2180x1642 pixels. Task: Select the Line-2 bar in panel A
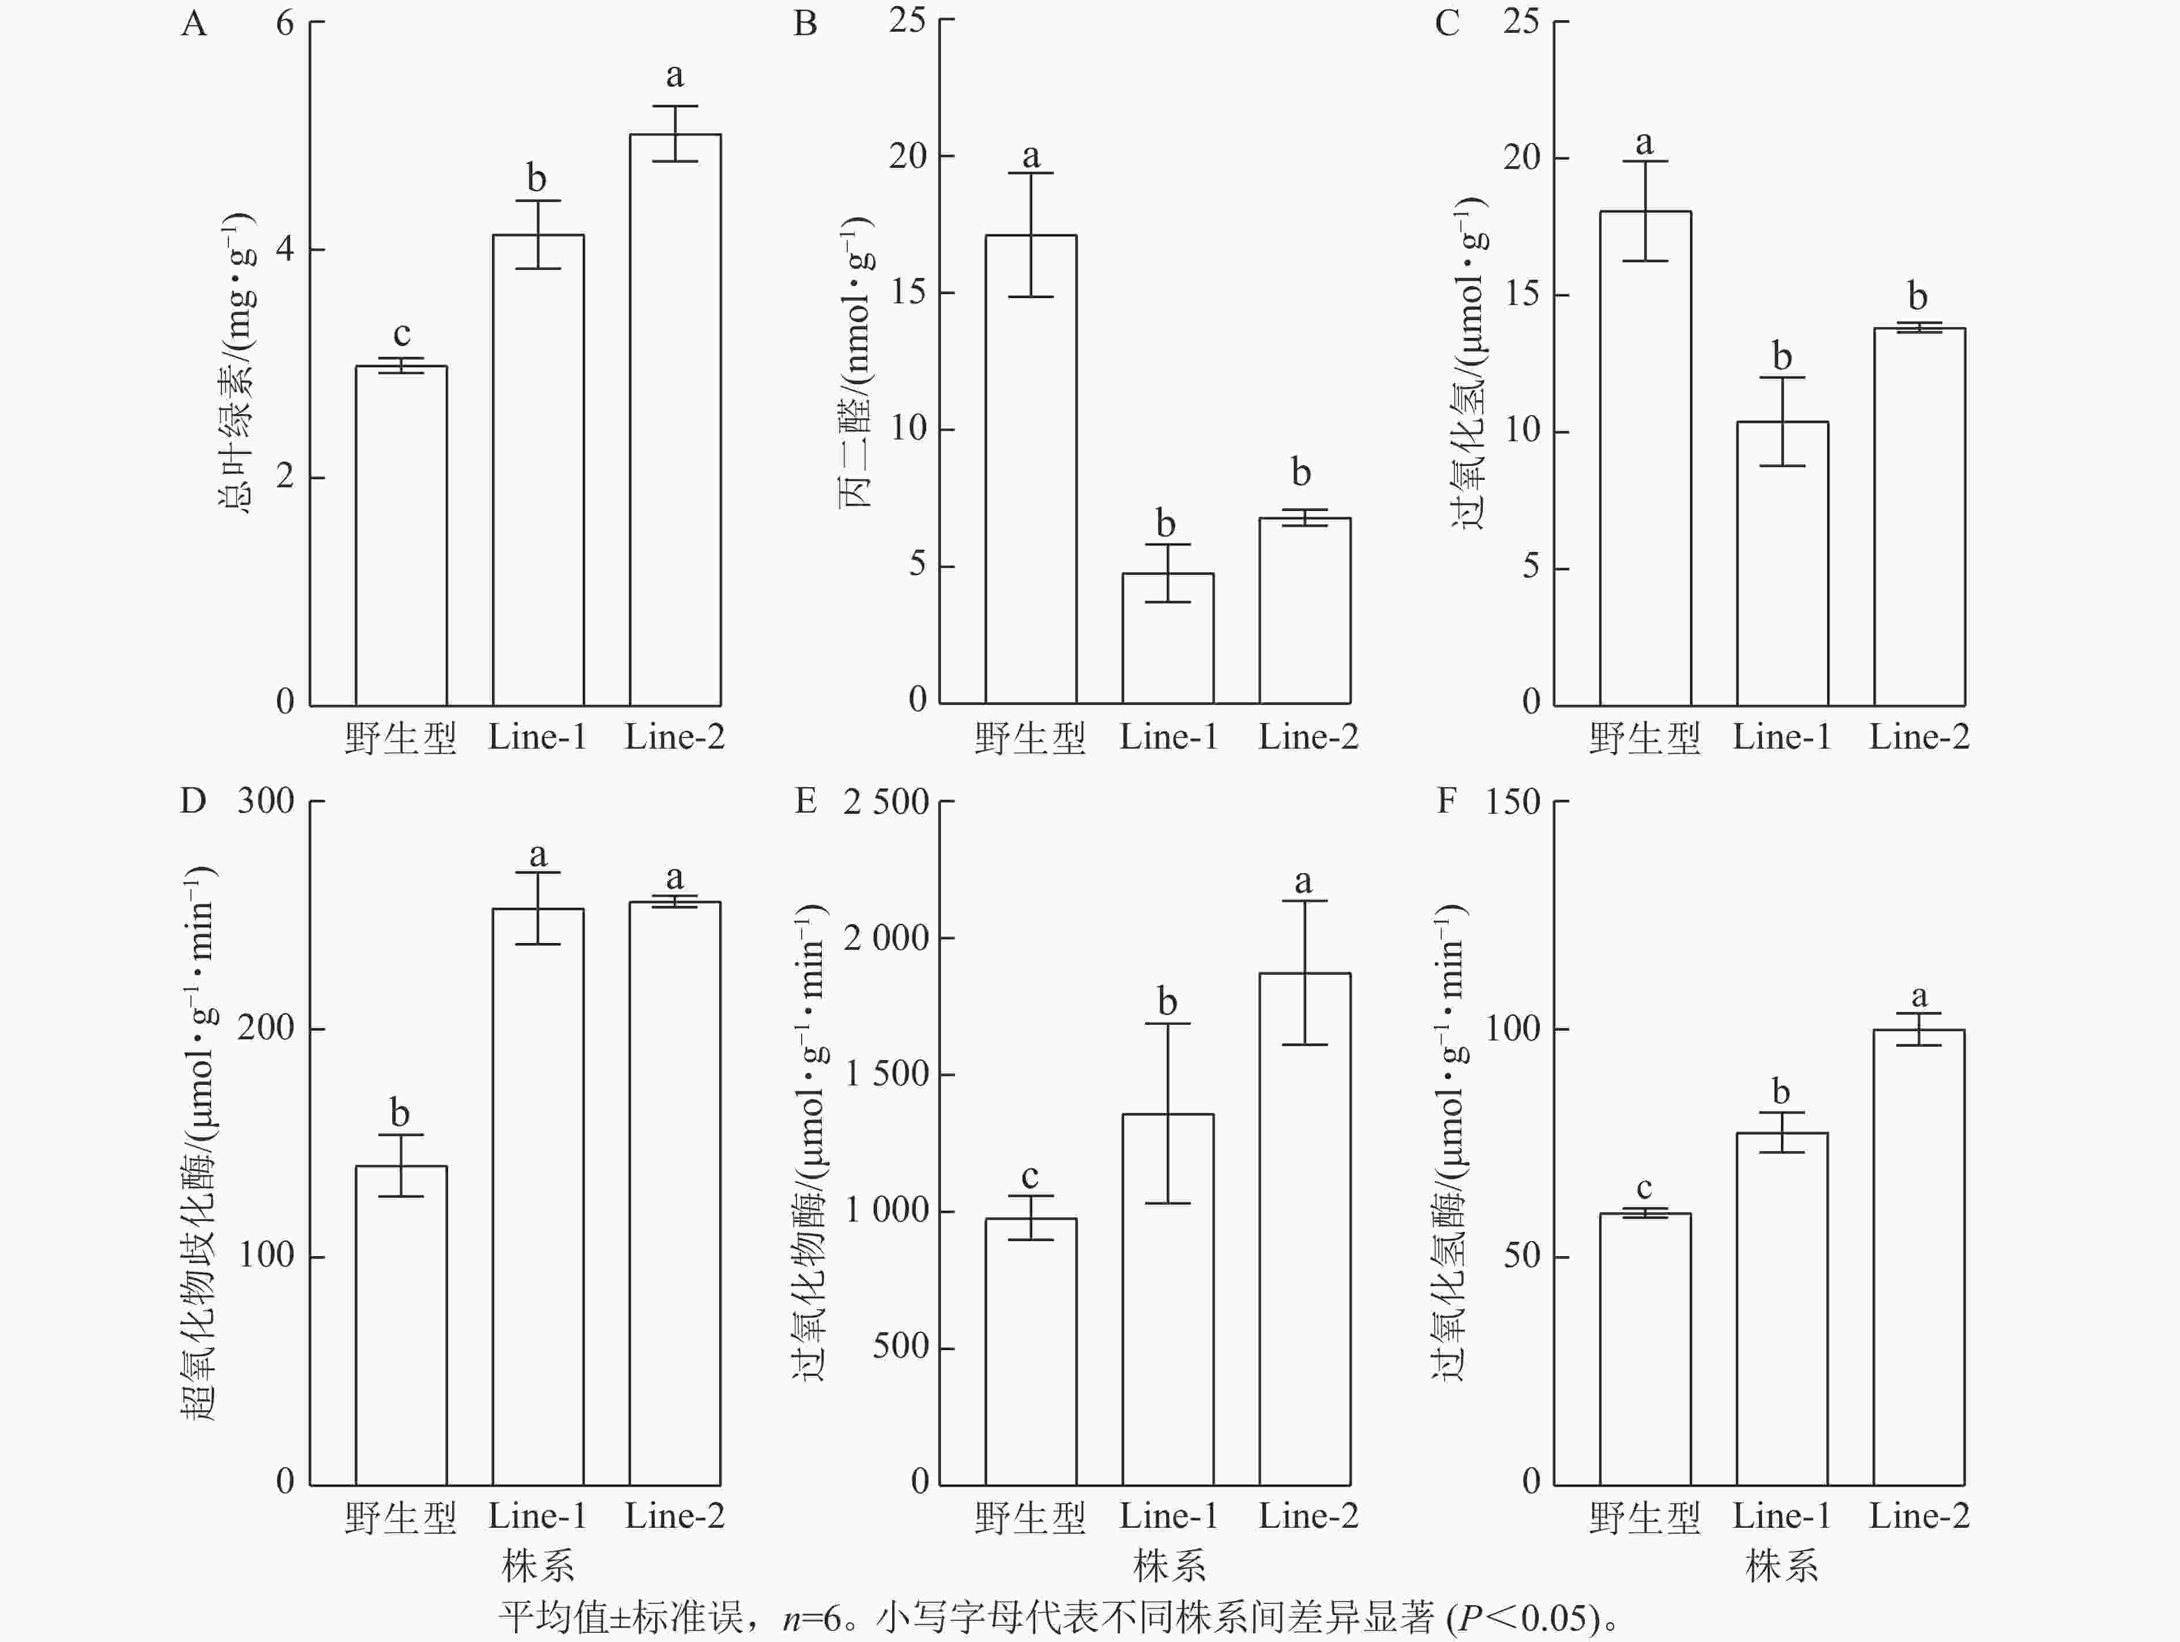(x=675, y=419)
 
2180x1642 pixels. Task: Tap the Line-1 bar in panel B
(x=1168, y=638)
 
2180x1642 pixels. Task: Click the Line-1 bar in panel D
(x=538, y=1197)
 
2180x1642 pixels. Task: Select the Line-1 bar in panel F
(x=1782, y=1308)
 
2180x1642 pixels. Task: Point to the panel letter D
(x=193, y=801)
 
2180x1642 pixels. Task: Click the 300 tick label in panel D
(x=266, y=801)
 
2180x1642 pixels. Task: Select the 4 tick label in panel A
(x=285, y=249)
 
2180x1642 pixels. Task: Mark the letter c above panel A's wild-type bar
(x=401, y=334)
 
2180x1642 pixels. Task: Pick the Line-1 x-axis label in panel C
(x=1782, y=737)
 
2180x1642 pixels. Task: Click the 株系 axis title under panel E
(x=1169, y=1566)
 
